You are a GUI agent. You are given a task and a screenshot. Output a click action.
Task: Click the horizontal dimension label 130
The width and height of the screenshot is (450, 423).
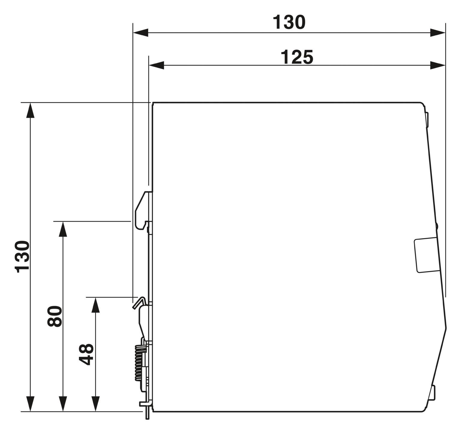pos(289,22)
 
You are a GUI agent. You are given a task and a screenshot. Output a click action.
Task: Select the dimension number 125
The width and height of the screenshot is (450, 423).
pos(297,57)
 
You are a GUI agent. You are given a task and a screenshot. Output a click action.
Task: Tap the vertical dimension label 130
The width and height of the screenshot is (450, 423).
pos(22,257)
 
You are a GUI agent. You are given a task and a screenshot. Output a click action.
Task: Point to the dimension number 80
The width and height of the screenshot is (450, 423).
pos(55,316)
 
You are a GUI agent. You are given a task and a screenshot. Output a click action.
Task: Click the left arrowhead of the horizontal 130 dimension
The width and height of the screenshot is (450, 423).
pos(141,33)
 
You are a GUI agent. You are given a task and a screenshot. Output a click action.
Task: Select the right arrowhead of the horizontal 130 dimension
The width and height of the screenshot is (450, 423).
pos(438,33)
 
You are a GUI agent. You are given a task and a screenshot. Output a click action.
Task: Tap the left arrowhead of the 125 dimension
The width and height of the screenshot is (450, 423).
pos(157,65)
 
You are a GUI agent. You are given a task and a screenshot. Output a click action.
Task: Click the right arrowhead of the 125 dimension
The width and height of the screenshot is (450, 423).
pos(438,65)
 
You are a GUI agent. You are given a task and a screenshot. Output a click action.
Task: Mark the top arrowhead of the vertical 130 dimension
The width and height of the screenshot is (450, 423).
pos(30,110)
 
